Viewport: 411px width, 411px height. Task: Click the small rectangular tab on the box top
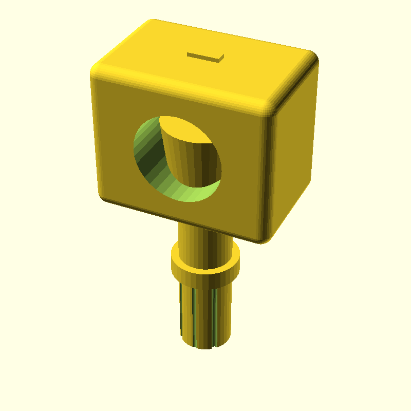[206, 57]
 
